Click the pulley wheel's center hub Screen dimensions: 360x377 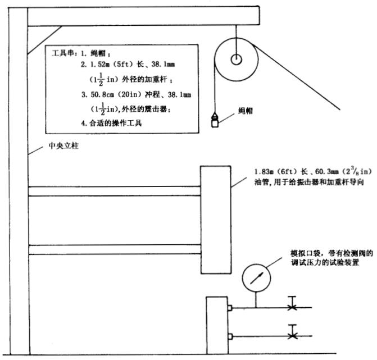click(235, 58)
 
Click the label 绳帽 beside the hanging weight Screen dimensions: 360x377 click(246, 111)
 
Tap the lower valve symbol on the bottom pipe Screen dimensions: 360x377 click(292, 336)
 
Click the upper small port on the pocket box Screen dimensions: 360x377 click(230, 308)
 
